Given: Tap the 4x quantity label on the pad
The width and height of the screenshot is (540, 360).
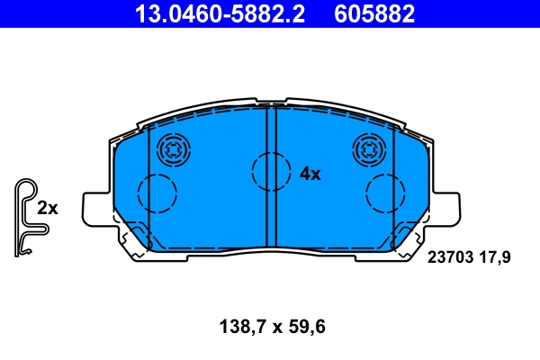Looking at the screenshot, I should [x=310, y=174].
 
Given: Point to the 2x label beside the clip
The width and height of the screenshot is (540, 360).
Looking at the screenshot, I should [x=48, y=208].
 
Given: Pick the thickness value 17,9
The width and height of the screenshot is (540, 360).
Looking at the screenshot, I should [x=497, y=257].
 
